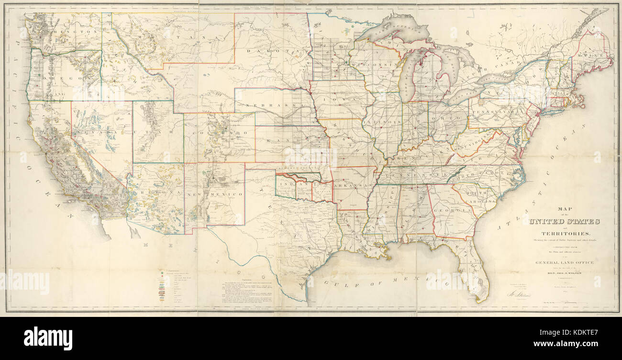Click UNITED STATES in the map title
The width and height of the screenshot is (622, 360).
point(564,221)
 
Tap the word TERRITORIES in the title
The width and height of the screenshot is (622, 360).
point(564,233)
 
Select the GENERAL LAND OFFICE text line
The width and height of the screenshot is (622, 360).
point(564,262)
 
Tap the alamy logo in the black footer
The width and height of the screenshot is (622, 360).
point(48,337)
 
